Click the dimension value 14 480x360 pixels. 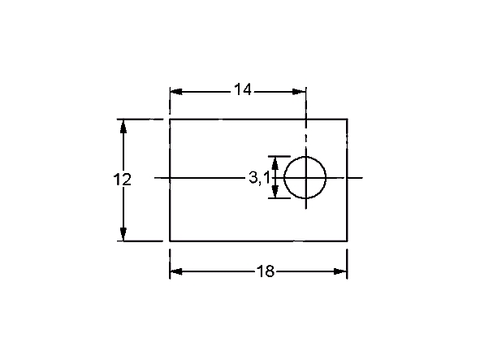coord(243,89)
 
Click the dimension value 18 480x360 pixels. coord(266,271)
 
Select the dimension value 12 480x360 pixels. coord(122,180)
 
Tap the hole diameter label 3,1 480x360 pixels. coord(259,178)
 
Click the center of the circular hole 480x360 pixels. coord(305,177)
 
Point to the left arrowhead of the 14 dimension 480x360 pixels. coord(176,92)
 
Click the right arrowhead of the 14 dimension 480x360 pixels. coord(299,92)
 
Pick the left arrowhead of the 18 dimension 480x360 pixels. coord(176,271)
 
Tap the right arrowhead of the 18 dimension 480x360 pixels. coord(340,271)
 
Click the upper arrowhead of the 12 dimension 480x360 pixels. coord(123,126)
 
